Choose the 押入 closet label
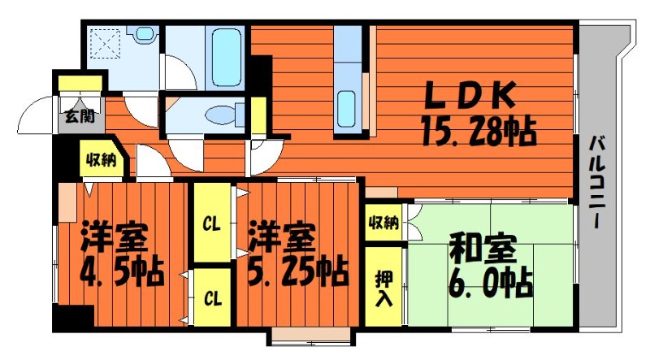pyautogui.click(x=384, y=284)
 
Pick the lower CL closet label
pyautogui.click(x=212, y=298)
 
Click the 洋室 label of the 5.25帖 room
pyautogui.click(x=279, y=236)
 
